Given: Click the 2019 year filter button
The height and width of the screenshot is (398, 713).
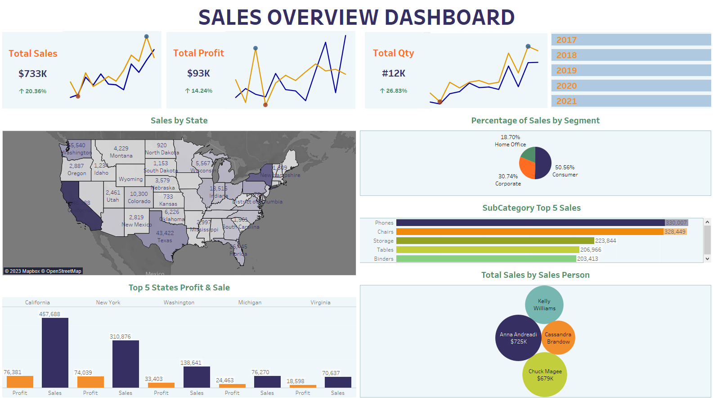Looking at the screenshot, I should tap(631, 71).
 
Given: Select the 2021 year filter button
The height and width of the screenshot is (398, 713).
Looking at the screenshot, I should tap(631, 101).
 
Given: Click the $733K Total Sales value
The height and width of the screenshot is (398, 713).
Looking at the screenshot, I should tap(33, 74).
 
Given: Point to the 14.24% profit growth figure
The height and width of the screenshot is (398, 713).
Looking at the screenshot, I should tap(199, 91).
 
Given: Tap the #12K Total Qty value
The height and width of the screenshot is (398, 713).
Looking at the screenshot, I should tap(394, 73).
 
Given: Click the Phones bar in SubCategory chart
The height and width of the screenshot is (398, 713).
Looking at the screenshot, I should tap(530, 223).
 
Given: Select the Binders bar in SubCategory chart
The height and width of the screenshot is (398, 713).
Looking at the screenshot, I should tap(486, 259).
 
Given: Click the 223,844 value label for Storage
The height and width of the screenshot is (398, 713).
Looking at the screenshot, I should tap(605, 241).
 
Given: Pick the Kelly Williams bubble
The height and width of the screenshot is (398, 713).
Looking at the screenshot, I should tap(544, 305).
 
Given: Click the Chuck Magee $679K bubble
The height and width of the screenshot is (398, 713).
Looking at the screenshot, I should tap(545, 375).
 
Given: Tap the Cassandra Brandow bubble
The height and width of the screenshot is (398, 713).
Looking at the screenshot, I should tap(558, 338).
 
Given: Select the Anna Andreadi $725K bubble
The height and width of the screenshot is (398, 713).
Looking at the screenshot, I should tap(518, 338).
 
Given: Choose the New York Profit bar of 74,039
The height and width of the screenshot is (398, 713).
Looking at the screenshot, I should tap(90, 382).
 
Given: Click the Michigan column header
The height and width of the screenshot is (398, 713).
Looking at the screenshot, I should tap(250, 303).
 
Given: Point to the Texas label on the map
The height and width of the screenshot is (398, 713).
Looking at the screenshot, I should tap(165, 240).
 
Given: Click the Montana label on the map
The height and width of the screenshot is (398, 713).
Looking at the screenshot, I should tap(121, 156).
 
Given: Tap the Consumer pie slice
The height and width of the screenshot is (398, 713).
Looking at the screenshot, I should tap(543, 163).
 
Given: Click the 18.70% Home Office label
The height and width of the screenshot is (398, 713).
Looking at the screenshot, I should tap(510, 137).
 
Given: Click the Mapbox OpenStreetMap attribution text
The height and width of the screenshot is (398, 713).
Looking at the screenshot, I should tap(43, 271).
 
